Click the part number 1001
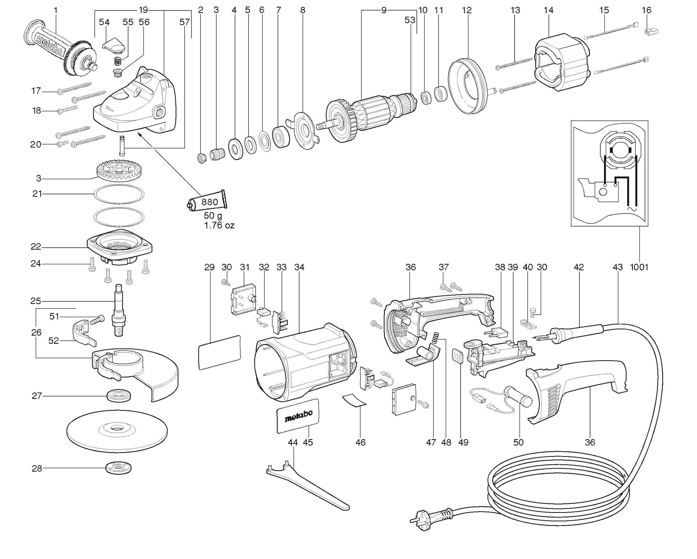click(x=639, y=267)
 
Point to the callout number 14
click(x=548, y=10)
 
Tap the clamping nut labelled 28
click(x=118, y=468)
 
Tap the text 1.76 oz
click(x=219, y=225)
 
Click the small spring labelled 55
click(x=118, y=60)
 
